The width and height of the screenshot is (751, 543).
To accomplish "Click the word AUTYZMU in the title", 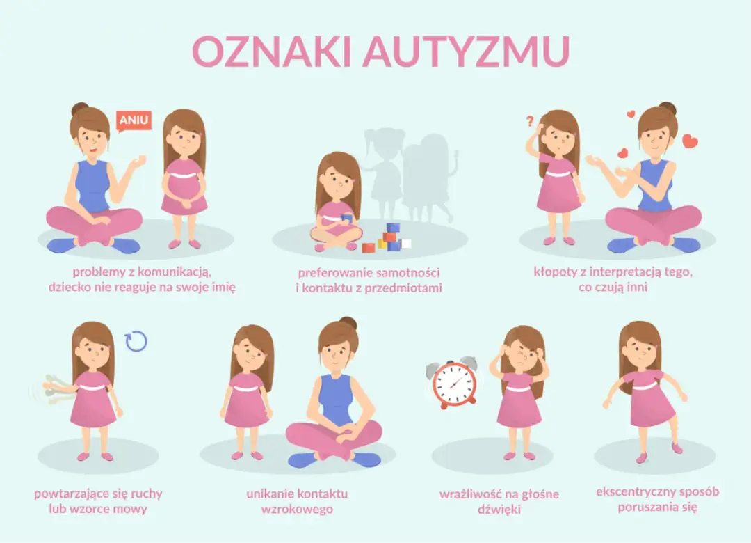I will pyautogui.click(x=465, y=51).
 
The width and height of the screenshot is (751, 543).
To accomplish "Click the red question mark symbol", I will pyautogui.click(x=529, y=123).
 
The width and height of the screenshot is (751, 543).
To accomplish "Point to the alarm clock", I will pyautogui.click(x=454, y=382).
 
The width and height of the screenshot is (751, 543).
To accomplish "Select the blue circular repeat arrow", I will pyautogui.click(x=136, y=340).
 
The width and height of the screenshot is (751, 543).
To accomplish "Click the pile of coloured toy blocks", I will pyautogui.click(x=389, y=239).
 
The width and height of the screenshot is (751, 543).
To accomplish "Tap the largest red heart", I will pyautogui.click(x=689, y=142).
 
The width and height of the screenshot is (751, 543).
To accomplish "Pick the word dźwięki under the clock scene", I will pyautogui.click(x=499, y=510).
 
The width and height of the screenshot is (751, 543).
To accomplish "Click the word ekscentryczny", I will pyautogui.click(x=633, y=492).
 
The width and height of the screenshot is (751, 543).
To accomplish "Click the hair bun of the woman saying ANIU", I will pyautogui.click(x=79, y=109).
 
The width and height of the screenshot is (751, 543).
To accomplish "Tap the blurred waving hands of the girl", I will pyautogui.click(x=52, y=388).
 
